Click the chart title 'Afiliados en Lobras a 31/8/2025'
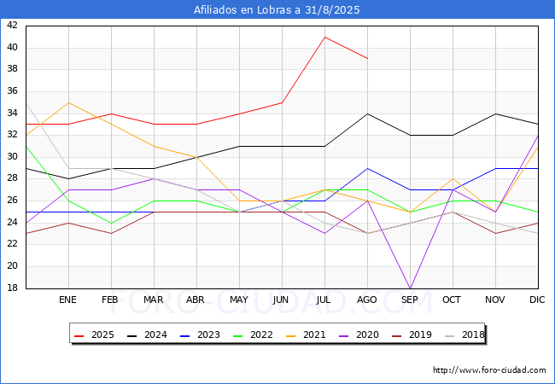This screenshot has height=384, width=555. [x=277, y=9]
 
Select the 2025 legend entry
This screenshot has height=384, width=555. [x=94, y=335]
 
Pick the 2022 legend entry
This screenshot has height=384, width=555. [x=253, y=335]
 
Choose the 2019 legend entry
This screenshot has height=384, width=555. [x=412, y=335]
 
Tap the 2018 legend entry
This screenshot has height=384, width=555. [x=464, y=335]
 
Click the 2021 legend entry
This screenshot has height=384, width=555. [x=306, y=335]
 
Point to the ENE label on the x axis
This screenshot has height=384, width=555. [x=67, y=300]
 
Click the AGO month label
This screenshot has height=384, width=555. [x=366, y=300]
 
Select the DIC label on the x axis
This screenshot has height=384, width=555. [x=537, y=300]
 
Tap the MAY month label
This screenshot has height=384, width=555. [x=239, y=300]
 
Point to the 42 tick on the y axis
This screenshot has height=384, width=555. [x=12, y=25]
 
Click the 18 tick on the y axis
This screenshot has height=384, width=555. [x=12, y=288]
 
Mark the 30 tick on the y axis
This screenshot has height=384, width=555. [x=12, y=157]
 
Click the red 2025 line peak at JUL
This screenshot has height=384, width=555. [x=325, y=37]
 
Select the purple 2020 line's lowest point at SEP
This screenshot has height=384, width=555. [x=410, y=288]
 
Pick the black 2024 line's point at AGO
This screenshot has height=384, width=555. [x=368, y=113]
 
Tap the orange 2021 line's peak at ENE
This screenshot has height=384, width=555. [x=68, y=102]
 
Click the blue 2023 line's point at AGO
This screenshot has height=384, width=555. [x=368, y=168]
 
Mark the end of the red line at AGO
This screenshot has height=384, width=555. [x=368, y=58]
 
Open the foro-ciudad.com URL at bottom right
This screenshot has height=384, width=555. [x=489, y=369]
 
